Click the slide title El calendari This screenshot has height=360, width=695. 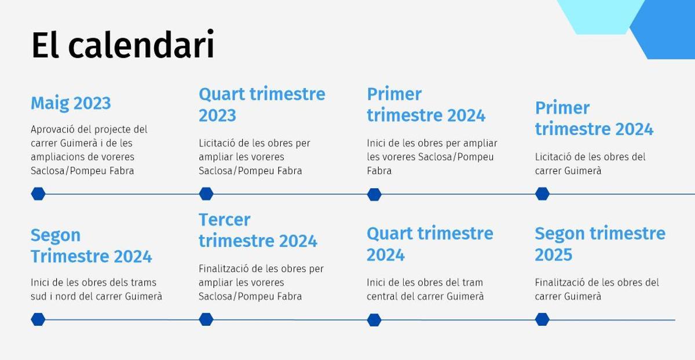tap(123, 45)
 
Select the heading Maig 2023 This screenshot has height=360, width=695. tap(71, 103)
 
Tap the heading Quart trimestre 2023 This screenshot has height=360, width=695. tap(262, 104)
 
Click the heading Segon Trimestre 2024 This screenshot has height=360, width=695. tap(91, 245)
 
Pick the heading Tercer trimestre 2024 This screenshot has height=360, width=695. tap(258, 230)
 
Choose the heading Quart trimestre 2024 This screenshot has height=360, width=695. tap(430, 244)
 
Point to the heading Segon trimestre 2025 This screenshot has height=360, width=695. tap(599, 244)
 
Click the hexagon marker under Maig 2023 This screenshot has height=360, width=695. tap(38, 194)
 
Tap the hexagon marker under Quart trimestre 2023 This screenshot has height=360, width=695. tap(206, 194)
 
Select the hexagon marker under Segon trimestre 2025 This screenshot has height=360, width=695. tap(542, 319)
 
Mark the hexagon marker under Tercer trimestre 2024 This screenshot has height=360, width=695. tap(206, 319)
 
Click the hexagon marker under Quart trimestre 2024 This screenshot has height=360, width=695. tap(374, 319)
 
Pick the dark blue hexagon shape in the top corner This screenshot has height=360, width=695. tap(666, 32)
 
